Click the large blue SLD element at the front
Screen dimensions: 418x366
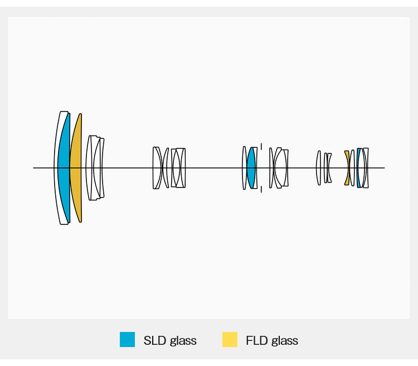[x=64, y=168]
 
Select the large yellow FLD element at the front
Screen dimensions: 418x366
[x=75, y=168]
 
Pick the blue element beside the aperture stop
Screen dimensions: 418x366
[x=251, y=167]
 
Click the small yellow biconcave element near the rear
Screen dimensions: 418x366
[x=348, y=168]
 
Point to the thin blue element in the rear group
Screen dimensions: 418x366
[x=358, y=168]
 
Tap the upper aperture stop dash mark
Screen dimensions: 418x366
[x=261, y=146]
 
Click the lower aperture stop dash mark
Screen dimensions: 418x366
[x=261, y=189]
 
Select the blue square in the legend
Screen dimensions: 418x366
[x=127, y=339]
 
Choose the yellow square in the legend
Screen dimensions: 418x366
[x=230, y=339]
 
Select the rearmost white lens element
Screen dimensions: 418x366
[x=366, y=168]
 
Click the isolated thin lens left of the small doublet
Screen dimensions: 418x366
[x=318, y=168]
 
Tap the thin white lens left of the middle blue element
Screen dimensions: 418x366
[x=244, y=168]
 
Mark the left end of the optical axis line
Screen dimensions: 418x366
[x=33, y=168]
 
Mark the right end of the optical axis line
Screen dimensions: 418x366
[x=385, y=168]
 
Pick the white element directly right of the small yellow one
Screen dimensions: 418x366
[x=352, y=168]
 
